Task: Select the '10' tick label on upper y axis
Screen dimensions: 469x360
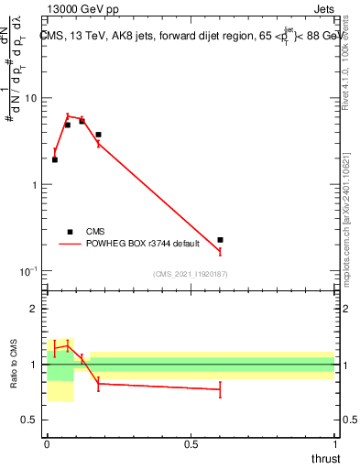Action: point(30,98)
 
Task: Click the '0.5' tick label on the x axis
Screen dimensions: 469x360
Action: point(191,442)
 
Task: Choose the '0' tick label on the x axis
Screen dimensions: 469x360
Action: point(47,442)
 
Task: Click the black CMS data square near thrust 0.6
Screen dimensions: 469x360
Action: point(220,240)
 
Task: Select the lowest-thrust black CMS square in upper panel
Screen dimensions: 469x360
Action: point(55,159)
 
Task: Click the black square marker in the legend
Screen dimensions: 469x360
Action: point(69,232)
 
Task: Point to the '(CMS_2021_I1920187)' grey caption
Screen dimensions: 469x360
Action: point(190,274)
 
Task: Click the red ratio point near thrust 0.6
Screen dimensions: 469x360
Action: point(220,389)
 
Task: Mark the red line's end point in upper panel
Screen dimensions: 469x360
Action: point(220,251)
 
